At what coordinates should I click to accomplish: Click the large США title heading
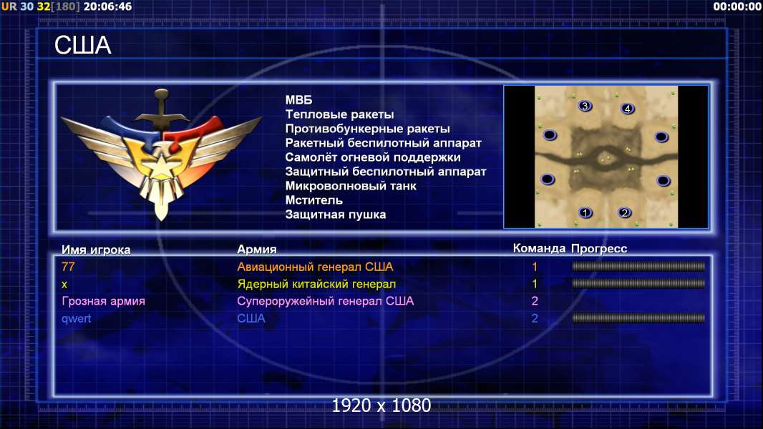click(83, 45)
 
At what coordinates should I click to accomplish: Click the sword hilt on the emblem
click(162, 107)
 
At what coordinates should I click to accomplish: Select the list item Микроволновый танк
click(351, 186)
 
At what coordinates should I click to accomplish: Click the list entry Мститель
click(314, 200)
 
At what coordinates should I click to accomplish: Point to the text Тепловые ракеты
click(340, 114)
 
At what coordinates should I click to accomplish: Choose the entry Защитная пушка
click(336, 214)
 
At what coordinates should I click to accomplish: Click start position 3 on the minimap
click(585, 106)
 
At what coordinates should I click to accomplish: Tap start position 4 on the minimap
click(628, 109)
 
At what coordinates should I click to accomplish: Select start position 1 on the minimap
click(585, 212)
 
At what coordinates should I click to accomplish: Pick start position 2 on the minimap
click(624, 212)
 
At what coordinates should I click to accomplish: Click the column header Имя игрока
click(96, 250)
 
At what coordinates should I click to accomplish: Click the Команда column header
click(539, 249)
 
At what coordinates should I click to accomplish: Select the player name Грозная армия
click(103, 301)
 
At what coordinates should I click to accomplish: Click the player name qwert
click(77, 319)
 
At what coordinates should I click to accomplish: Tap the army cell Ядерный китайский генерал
click(316, 285)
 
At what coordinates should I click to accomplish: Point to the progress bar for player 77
click(638, 266)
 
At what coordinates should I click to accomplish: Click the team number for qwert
click(535, 319)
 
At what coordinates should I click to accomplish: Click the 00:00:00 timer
click(737, 6)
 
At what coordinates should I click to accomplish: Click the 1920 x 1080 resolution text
click(381, 405)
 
